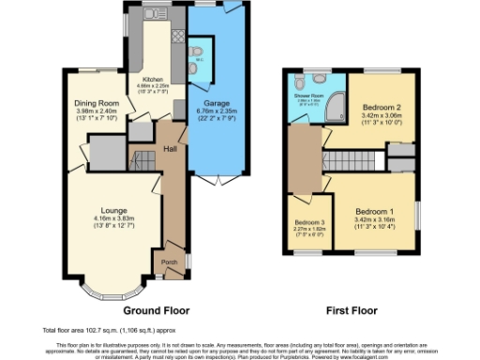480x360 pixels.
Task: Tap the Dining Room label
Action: pos(97,102)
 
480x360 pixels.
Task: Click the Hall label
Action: pos(171,148)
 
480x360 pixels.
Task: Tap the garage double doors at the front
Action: pos(215,178)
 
